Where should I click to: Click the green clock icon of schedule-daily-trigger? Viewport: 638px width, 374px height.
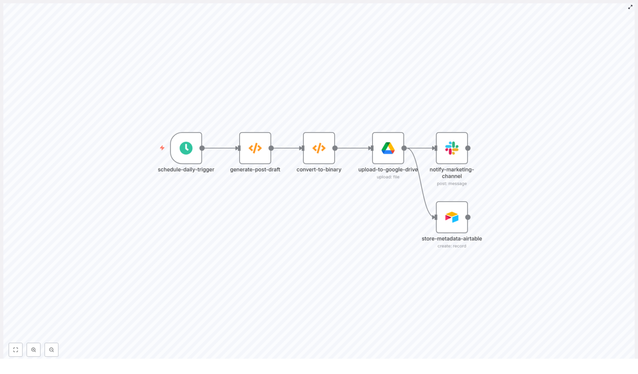click(x=186, y=148)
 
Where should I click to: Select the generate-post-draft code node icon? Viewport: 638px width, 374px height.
click(x=255, y=148)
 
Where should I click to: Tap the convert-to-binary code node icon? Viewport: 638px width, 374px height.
click(x=319, y=148)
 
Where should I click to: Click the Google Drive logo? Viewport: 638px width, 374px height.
click(x=388, y=148)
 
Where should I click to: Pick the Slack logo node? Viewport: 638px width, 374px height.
click(x=452, y=148)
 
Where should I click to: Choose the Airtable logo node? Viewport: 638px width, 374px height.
click(x=452, y=217)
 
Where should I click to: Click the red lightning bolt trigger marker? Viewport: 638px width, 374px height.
click(x=162, y=148)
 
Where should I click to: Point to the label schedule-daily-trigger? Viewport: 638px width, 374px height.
click(x=186, y=169)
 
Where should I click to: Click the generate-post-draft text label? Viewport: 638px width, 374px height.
click(x=255, y=169)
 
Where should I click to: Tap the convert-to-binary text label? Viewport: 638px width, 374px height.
click(x=319, y=169)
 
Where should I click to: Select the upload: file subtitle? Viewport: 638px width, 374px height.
click(x=388, y=177)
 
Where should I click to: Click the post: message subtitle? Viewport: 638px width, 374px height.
click(x=452, y=184)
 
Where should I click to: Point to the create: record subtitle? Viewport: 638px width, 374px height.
click(x=452, y=246)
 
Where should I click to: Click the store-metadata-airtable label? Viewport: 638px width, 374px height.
click(x=452, y=239)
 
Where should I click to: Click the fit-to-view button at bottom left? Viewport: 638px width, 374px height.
click(x=16, y=350)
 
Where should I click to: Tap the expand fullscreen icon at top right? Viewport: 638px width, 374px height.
click(x=630, y=7)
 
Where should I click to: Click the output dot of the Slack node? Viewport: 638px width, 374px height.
click(x=468, y=148)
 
